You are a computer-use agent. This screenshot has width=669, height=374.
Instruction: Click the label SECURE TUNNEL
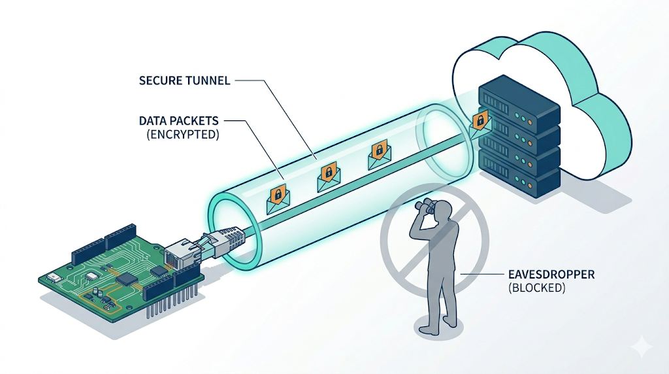tap(184, 80)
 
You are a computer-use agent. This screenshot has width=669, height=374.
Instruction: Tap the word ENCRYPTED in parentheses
tap(183, 135)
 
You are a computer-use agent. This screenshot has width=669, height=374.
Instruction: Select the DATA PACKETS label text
tap(179, 121)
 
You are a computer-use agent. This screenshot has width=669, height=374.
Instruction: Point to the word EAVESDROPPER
tap(551, 274)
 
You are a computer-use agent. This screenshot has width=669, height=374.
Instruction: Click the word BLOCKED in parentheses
tap(537, 288)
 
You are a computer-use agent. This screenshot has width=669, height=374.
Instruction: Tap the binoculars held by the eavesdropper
tap(426, 207)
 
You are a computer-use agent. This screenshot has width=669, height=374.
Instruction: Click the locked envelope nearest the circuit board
tap(278, 199)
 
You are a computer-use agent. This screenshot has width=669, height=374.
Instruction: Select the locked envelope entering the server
tap(480, 124)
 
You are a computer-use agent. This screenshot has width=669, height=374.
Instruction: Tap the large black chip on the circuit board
tap(126, 279)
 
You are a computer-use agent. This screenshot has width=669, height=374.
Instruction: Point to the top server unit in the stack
tap(518, 102)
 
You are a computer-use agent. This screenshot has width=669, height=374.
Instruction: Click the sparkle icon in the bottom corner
tap(642, 347)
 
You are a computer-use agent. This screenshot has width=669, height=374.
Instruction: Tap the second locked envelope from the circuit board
tap(328, 177)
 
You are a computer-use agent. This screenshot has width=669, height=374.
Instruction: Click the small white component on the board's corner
tap(54, 277)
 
